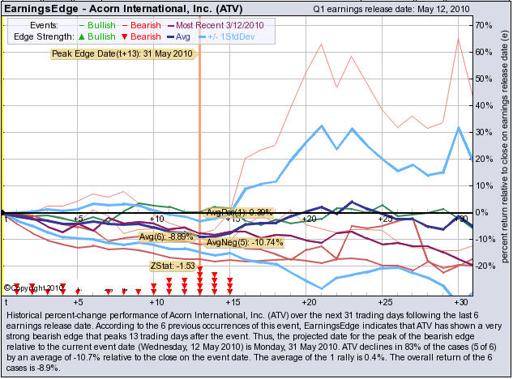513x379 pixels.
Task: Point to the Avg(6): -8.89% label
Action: (x=166, y=237)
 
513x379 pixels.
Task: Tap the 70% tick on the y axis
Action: (x=484, y=26)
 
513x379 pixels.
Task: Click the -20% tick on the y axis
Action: (x=484, y=266)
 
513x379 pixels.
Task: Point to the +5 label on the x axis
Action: (x=78, y=219)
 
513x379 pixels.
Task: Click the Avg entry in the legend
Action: (x=179, y=37)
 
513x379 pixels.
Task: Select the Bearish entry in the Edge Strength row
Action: (x=140, y=37)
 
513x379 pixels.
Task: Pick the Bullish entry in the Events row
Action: (x=96, y=25)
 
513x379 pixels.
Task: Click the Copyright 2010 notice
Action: (x=34, y=287)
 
